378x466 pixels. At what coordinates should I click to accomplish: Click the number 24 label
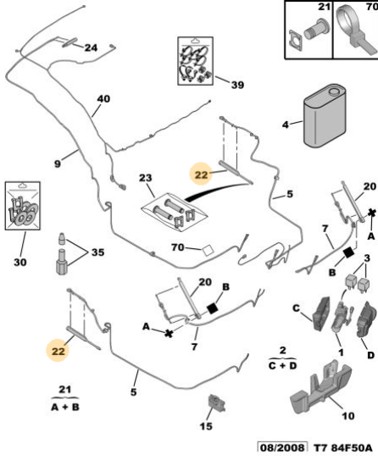pos(91,47)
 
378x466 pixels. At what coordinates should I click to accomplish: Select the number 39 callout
pos(237,85)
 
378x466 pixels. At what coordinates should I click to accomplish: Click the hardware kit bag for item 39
pos(195,61)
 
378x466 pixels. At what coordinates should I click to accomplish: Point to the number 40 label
pos(103,98)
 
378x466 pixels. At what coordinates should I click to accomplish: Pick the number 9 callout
pos(58,164)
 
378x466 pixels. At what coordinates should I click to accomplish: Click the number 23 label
pos(145,178)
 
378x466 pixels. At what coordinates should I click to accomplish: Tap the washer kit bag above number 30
pos(23,206)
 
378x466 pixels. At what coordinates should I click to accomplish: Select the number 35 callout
pos(97,252)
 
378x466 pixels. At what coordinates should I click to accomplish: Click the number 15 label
pos(206,426)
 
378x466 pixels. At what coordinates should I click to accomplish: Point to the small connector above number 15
pos(217,402)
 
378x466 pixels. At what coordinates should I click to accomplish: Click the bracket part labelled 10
pos(321,386)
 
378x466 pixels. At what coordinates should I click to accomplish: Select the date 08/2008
pos(282,448)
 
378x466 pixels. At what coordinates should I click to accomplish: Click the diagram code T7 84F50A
pos(343,448)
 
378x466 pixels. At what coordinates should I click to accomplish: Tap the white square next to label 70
pos(208,250)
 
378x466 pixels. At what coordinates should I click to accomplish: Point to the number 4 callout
pos(286,125)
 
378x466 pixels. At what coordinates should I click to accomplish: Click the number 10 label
pos(347,416)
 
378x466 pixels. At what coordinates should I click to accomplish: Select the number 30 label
pos(20,262)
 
